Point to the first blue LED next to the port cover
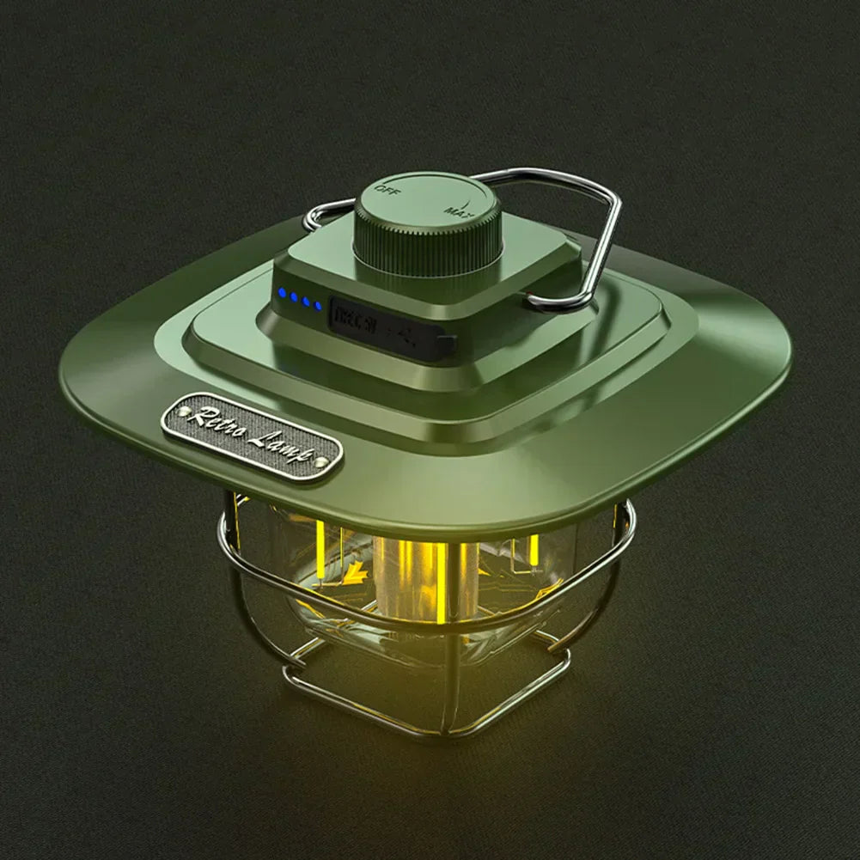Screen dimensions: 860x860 (318, 305)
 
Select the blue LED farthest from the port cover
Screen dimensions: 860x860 (281, 295)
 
